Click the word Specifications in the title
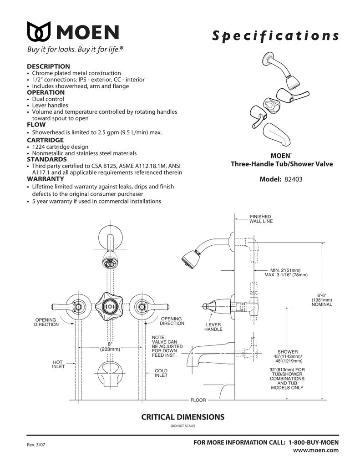tap(275, 37)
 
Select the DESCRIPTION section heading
tap(48, 66)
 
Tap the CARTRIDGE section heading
tap(45, 140)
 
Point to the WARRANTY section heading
tap(46, 179)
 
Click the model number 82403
tap(293, 179)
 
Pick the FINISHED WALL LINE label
tap(260, 219)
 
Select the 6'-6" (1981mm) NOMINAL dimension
tap(322, 299)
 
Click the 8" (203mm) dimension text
tap(110, 347)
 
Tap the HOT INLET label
tap(58, 364)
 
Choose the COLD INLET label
tap(161, 373)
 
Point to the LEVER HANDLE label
tap(213, 327)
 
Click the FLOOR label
tap(198, 400)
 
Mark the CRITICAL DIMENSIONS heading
tap(183, 416)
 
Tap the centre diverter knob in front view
tap(110, 306)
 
